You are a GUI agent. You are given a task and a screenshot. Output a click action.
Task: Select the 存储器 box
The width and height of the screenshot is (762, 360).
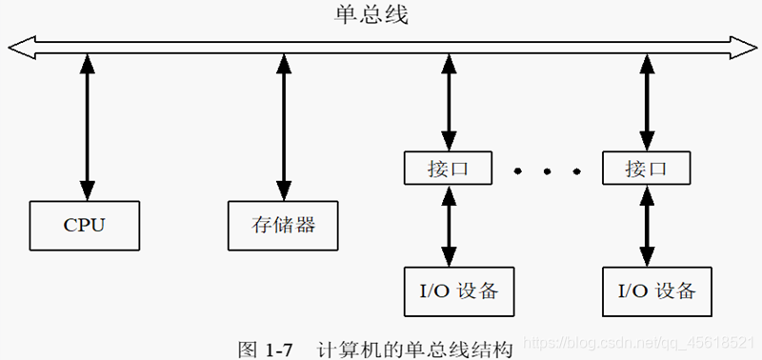282,226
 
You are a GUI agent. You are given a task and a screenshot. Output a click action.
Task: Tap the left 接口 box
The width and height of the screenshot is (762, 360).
447,170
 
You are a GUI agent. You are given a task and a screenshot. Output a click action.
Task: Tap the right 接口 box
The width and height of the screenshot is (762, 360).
648,170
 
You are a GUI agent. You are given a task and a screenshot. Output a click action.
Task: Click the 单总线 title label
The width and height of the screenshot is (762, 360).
371,16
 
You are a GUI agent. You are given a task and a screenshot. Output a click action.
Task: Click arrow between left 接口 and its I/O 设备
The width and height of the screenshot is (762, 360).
448,226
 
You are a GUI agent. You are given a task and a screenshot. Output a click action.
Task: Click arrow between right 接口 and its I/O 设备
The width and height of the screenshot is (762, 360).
648,226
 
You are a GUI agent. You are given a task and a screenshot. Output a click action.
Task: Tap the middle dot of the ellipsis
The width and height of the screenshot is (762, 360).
548,171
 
